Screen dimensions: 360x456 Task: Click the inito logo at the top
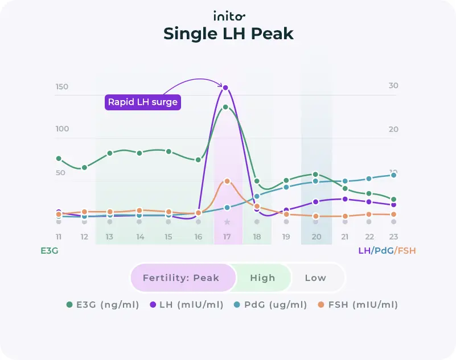pyautogui.click(x=228, y=15)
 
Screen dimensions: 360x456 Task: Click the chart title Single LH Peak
pyautogui.click(x=228, y=34)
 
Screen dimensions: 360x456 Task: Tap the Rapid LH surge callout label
pyautogui.click(x=142, y=102)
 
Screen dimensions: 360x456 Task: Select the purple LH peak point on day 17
pyautogui.click(x=226, y=88)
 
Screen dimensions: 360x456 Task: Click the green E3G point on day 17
pyautogui.click(x=226, y=107)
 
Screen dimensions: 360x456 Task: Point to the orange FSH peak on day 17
pyautogui.click(x=227, y=181)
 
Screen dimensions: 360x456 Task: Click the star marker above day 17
pyautogui.click(x=227, y=222)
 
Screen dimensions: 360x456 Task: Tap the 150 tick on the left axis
pyautogui.click(x=61, y=87)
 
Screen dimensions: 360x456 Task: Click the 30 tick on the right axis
pyautogui.click(x=393, y=86)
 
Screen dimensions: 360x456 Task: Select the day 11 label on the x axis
pyautogui.click(x=59, y=237)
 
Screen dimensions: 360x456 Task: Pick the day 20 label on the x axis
pyautogui.click(x=315, y=237)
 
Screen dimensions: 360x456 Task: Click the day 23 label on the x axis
pyautogui.click(x=393, y=237)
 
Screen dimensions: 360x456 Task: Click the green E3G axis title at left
pyautogui.click(x=50, y=250)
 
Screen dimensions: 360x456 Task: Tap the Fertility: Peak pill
pyautogui.click(x=181, y=278)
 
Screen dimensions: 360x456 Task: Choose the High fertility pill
pyautogui.click(x=262, y=278)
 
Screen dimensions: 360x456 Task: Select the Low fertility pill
pyautogui.click(x=315, y=278)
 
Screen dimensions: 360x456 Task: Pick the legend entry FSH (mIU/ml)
pyautogui.click(x=359, y=305)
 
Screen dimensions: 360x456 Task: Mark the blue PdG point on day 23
pyautogui.click(x=393, y=175)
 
